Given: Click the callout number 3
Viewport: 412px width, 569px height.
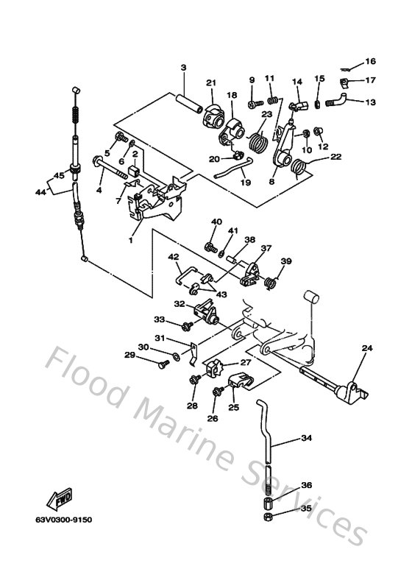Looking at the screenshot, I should [x=183, y=68].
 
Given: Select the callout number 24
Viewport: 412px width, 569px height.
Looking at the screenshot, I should [x=367, y=348].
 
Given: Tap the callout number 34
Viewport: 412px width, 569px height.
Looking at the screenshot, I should [x=307, y=439].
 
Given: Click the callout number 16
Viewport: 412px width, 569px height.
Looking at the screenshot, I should [x=370, y=61].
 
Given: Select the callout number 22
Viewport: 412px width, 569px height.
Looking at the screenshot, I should [x=335, y=157].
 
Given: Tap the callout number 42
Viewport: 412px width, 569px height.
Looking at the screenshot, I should [x=174, y=257].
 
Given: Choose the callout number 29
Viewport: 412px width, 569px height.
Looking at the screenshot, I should [x=129, y=355].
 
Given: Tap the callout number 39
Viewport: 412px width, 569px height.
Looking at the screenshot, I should [x=286, y=261].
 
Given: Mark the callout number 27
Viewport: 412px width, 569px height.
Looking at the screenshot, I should [x=246, y=362].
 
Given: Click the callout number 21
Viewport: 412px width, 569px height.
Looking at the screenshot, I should [x=211, y=82].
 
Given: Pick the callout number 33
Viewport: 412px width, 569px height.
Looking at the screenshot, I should [x=159, y=319].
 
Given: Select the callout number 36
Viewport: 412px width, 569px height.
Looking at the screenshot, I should [x=307, y=485].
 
